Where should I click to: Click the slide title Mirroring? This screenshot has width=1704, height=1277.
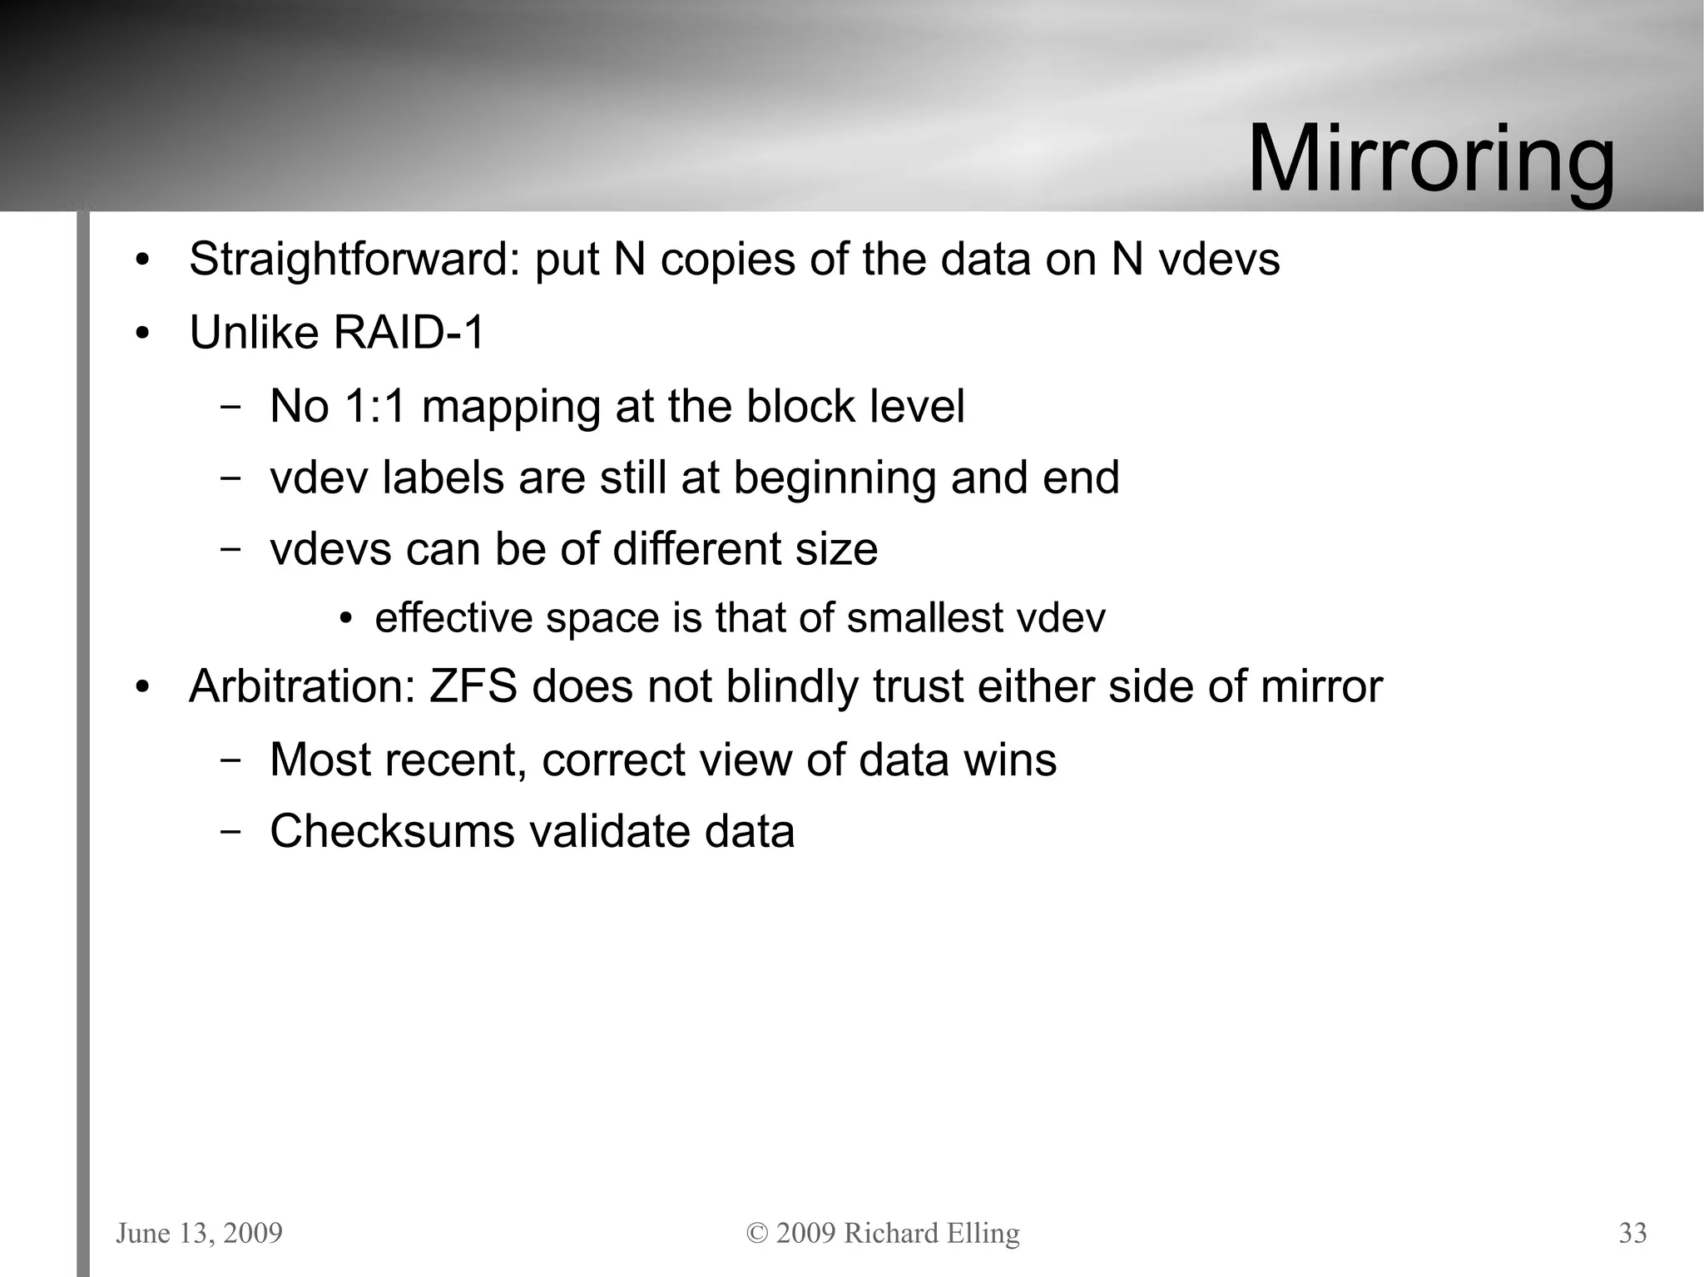(x=1431, y=158)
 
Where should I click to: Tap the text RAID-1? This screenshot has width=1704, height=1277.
(x=409, y=333)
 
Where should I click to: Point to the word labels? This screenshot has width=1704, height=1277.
(x=442, y=478)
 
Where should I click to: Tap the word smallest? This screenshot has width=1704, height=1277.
(x=924, y=618)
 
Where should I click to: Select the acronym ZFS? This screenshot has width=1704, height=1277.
(x=473, y=687)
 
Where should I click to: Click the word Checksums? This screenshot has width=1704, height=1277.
(x=392, y=831)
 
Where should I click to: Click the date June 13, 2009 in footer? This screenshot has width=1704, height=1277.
(x=199, y=1233)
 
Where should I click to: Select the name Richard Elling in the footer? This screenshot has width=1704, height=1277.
(x=931, y=1233)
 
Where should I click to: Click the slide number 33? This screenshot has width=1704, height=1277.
(x=1632, y=1233)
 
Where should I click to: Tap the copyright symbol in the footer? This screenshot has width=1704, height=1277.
(x=757, y=1233)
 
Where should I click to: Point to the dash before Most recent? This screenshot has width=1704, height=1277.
(x=231, y=760)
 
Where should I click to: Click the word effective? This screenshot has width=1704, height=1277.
(x=453, y=618)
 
